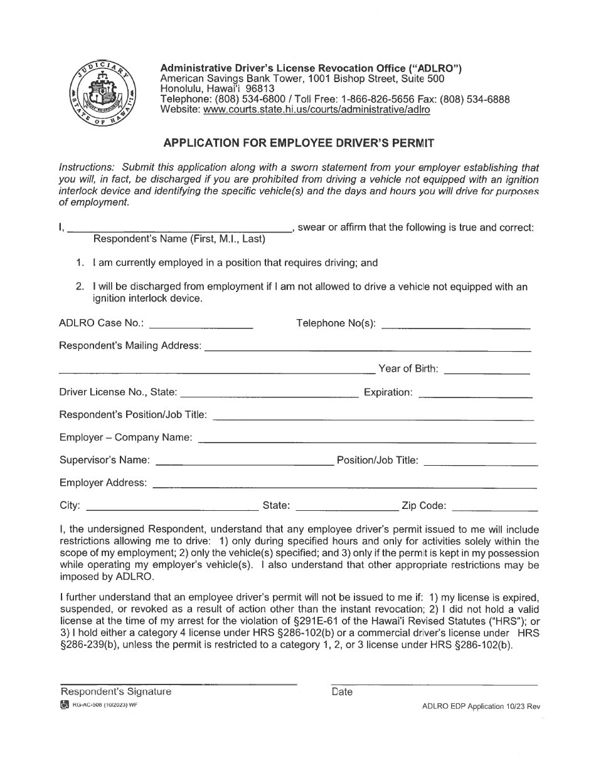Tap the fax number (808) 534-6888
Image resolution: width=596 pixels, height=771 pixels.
[475, 99]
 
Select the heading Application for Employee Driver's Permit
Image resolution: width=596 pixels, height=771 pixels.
[299, 142]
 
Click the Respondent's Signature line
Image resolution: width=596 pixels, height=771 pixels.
[178, 683]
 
